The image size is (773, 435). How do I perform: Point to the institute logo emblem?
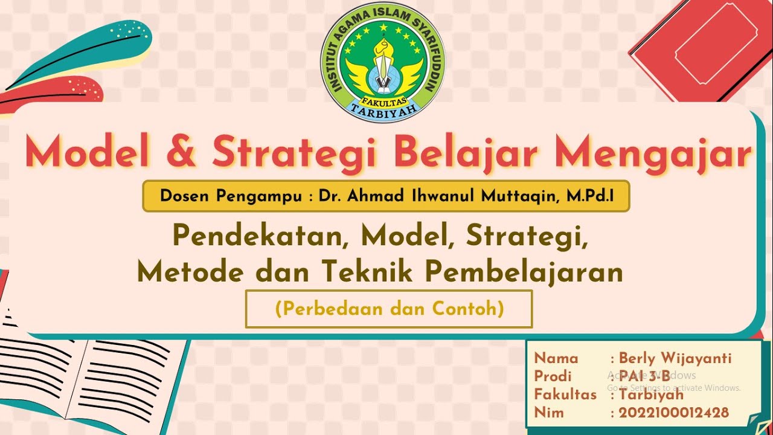pyautogui.click(x=382, y=62)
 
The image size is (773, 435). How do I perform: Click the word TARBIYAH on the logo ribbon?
pyautogui.click(x=382, y=109)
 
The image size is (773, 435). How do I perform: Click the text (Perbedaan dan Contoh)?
pyautogui.click(x=389, y=309)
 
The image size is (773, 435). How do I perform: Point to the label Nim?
pyautogui.click(x=549, y=413)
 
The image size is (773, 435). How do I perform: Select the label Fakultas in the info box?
pyautogui.click(x=565, y=395)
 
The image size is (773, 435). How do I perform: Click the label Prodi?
pyautogui.click(x=553, y=376)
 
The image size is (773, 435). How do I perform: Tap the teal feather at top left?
pyautogui.click(x=85, y=51)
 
